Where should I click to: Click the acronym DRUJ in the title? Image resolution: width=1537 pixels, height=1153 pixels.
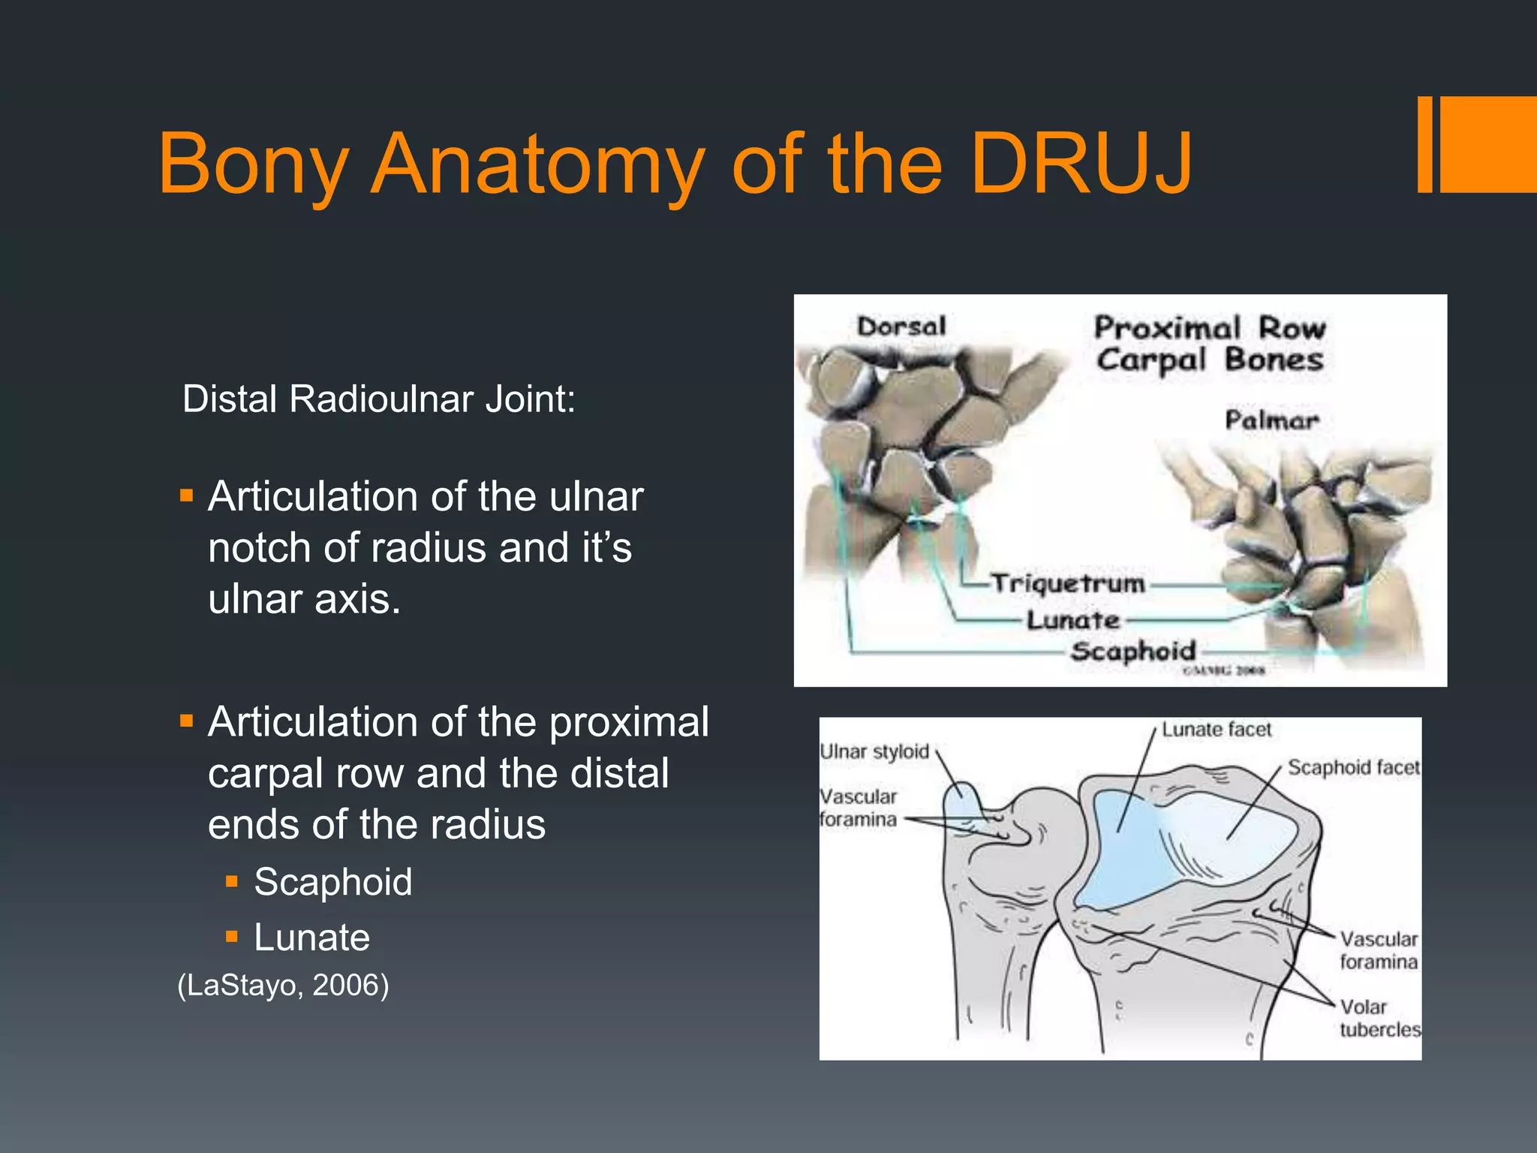click(x=1081, y=164)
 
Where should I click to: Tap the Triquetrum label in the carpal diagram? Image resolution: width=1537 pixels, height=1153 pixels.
click(x=1068, y=583)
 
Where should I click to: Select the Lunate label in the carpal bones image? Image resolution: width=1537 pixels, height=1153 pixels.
click(x=1073, y=620)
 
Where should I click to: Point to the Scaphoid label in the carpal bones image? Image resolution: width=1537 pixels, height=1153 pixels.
click(x=1132, y=651)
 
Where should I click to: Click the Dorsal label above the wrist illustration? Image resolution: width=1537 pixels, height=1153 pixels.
click(x=901, y=327)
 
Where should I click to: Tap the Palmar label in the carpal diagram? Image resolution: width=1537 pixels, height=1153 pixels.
click(x=1271, y=420)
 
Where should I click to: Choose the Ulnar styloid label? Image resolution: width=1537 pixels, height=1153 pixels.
click(x=874, y=751)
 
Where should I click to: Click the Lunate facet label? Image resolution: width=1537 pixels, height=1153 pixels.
click(x=1217, y=730)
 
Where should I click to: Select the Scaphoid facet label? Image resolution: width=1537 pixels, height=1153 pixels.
click(x=1353, y=767)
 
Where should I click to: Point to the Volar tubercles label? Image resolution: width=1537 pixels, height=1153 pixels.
click(x=1379, y=1018)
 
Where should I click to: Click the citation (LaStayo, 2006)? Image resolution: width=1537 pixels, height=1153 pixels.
click(x=283, y=985)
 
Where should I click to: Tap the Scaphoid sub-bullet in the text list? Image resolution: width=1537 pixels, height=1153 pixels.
click(x=332, y=881)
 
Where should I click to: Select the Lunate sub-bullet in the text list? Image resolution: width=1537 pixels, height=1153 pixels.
click(x=311, y=937)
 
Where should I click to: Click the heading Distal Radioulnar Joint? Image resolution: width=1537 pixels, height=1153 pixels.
click(x=379, y=399)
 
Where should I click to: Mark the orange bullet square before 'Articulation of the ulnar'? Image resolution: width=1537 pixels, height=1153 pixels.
click(x=187, y=495)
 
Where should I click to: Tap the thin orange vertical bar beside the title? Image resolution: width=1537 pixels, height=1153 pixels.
click(x=1424, y=144)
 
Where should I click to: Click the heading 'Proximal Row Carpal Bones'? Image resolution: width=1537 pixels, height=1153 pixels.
click(x=1209, y=344)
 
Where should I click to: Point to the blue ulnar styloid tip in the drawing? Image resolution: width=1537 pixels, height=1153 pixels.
click(x=960, y=799)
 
